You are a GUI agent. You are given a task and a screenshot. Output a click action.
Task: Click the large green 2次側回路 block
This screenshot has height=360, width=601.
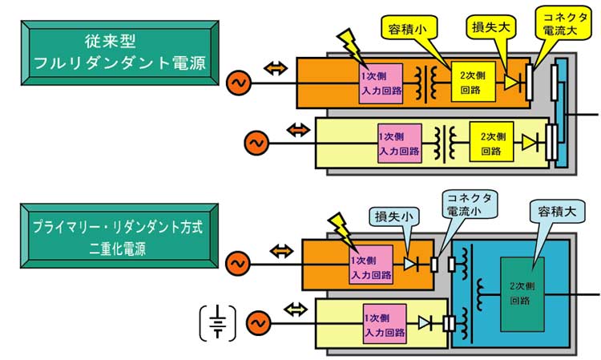tap(525, 292)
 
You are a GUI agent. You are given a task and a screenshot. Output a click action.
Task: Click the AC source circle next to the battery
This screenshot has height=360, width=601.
tap(257, 322)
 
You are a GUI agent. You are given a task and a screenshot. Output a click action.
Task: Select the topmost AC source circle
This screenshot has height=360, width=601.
tap(237, 83)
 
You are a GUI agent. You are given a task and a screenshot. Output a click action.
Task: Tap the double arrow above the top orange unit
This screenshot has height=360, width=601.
tap(274, 68)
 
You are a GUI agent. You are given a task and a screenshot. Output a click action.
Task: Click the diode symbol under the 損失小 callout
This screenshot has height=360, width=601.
tap(410, 263)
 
